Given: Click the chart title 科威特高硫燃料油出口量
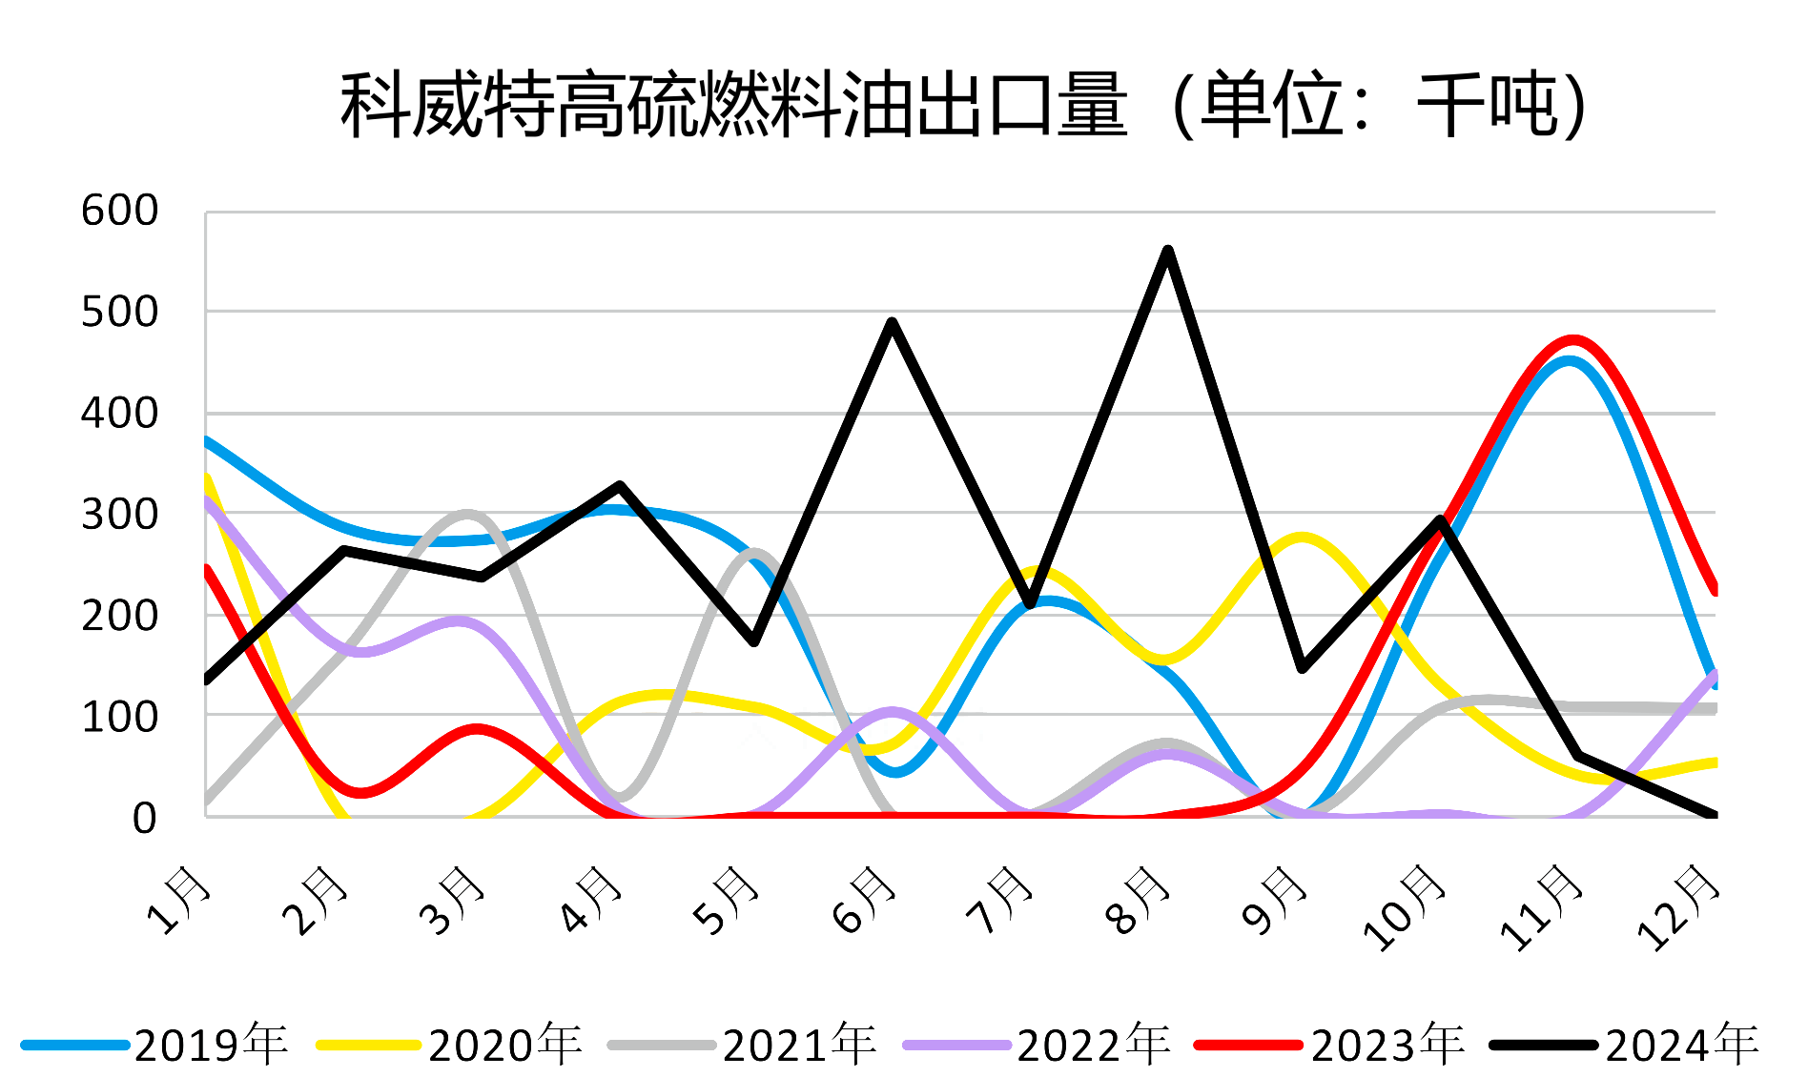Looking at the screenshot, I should pos(963,105).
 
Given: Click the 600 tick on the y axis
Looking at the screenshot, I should pos(120,211).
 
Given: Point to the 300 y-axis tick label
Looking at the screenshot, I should pos(120,515).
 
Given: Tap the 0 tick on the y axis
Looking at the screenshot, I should pos(144,818).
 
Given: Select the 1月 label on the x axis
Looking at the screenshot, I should pos(178,901).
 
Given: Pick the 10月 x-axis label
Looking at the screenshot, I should pos(1404,907).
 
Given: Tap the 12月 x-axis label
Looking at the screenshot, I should pos(1678,907).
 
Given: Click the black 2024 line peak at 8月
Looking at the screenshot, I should pos(1167,251).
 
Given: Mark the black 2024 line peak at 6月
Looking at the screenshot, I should pos(892,323).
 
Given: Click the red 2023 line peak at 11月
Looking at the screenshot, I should pos(1573,340).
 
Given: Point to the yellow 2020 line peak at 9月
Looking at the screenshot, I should pos(1303,538).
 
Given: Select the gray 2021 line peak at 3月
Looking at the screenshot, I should pos(468,515).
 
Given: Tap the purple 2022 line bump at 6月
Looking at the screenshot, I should pos(892,712).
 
